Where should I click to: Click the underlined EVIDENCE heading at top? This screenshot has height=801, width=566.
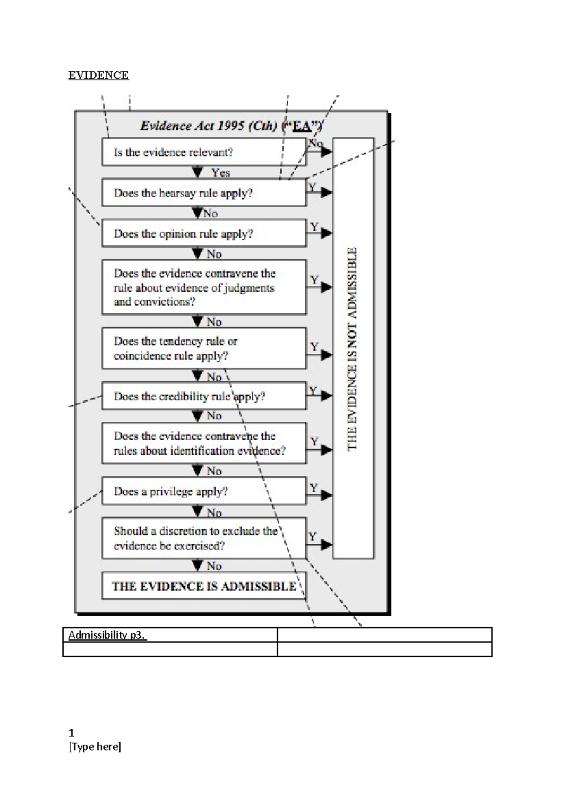click(x=98, y=75)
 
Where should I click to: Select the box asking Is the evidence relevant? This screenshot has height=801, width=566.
click(x=204, y=152)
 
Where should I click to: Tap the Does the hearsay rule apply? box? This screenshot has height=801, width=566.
click(x=204, y=192)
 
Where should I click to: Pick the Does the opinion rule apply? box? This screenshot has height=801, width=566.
click(x=204, y=234)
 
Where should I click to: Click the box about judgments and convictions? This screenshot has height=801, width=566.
click(x=204, y=287)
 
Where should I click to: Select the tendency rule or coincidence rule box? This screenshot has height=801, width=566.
click(x=204, y=349)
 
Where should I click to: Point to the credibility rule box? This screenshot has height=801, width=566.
click(x=204, y=396)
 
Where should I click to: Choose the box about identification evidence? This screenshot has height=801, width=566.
click(x=204, y=443)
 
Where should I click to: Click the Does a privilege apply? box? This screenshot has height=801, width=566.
click(x=204, y=492)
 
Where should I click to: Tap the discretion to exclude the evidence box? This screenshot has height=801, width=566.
click(x=204, y=538)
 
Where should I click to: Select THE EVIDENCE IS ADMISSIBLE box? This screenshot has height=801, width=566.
click(x=204, y=586)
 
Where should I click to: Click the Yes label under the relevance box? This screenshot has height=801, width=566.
click(x=220, y=173)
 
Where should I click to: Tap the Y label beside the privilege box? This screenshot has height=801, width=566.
click(x=314, y=487)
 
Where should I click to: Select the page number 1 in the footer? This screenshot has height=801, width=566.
click(x=71, y=733)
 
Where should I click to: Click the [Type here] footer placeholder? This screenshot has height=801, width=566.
click(x=95, y=747)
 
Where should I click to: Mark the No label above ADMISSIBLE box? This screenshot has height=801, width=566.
click(x=214, y=566)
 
